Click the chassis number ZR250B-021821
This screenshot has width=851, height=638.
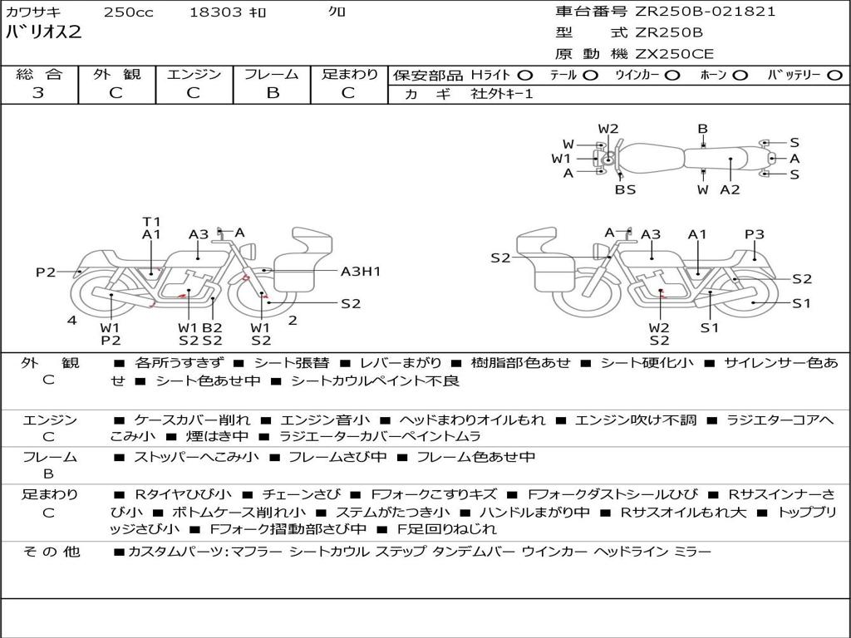pos(706,12)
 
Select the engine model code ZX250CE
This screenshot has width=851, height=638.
pos(675,54)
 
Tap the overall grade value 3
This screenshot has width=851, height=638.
pos(38,92)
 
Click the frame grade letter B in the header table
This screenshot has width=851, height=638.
pos(273,92)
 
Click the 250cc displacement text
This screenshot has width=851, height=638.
pos(129,12)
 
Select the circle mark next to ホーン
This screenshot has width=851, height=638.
pos(740,76)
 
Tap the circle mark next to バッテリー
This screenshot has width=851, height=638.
pos(834,76)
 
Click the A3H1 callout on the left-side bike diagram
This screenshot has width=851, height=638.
pos(361,272)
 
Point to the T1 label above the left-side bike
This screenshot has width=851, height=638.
pos(151,221)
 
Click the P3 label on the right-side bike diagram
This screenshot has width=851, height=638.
pos(755,234)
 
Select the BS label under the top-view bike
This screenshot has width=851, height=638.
pos(625,189)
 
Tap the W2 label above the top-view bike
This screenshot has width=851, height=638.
pos(608,129)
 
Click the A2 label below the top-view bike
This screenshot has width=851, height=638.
pos(730,189)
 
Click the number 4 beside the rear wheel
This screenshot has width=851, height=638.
pos(72,320)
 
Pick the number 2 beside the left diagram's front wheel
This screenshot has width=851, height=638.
pos(293,320)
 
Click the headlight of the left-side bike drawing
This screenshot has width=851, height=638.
pos(248,252)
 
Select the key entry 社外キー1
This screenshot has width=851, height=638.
pos(502,94)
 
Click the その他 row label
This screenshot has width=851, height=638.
pos(52,552)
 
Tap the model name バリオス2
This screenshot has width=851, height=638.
pos(43,32)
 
